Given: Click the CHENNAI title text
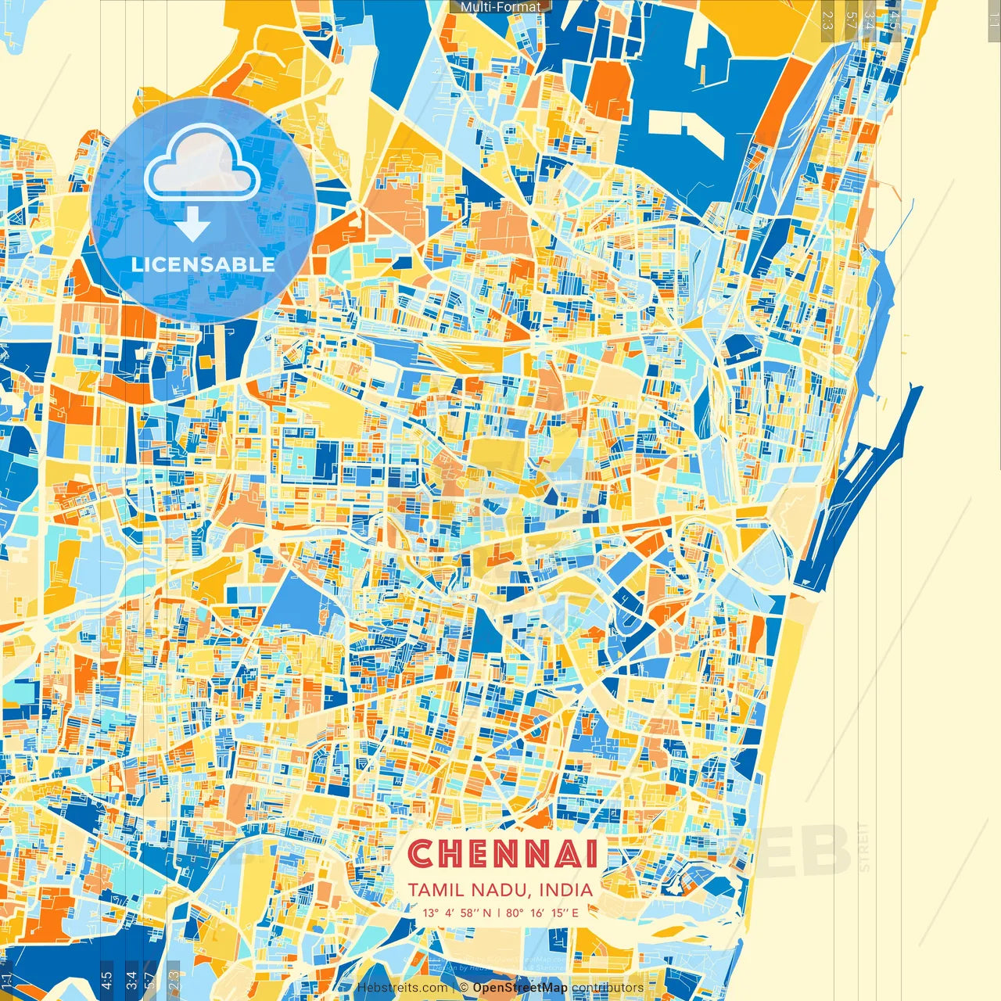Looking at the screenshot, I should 503,853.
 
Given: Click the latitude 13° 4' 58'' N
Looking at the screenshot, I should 457,913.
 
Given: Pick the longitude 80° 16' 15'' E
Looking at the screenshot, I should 543,913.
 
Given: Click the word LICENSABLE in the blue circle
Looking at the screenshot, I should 203,264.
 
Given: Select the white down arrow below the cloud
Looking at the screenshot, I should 192,227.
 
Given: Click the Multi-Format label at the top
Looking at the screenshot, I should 500,7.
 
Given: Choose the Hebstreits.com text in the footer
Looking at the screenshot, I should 402,988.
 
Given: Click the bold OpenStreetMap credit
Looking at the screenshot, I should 520,988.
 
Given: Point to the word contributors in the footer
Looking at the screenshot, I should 608,988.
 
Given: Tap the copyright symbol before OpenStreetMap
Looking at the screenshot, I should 464,988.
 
